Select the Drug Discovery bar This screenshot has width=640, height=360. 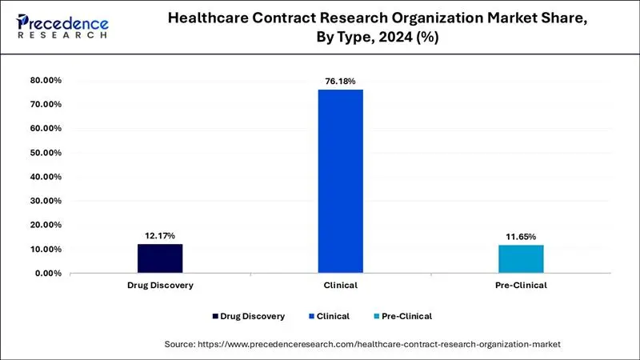pyautogui.click(x=159, y=258)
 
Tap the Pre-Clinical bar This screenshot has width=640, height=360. pyautogui.click(x=522, y=259)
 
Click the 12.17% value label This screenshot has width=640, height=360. pyautogui.click(x=159, y=235)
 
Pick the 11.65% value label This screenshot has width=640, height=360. pyautogui.click(x=522, y=237)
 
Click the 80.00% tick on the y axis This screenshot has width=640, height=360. pyautogui.click(x=45, y=81)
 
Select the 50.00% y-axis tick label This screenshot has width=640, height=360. pyautogui.click(x=45, y=153)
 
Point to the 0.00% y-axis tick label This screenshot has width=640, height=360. pyautogui.click(x=47, y=274)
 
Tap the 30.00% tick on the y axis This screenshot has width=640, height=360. pyautogui.click(x=45, y=201)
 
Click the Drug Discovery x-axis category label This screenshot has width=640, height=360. pyautogui.click(x=159, y=286)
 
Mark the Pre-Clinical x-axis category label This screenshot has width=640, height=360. pyautogui.click(x=522, y=286)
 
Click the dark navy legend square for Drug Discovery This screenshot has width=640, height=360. pyautogui.click(x=215, y=317)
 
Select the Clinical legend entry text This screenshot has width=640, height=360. pyautogui.click(x=332, y=317)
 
